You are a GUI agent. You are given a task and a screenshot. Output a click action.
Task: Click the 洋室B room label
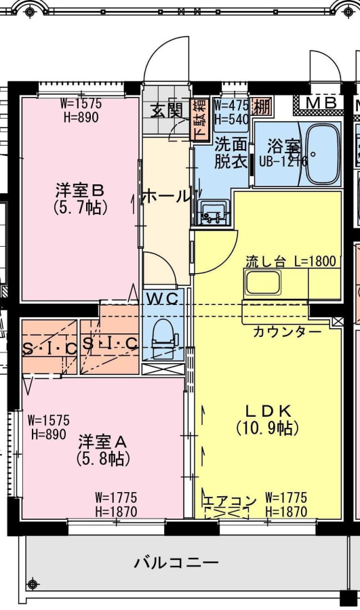pyautogui.click(x=80, y=190)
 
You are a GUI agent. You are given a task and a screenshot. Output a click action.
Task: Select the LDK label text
pyautogui.click(x=268, y=410)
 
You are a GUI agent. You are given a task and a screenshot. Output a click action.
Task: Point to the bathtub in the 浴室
pyautogui.click(x=322, y=154)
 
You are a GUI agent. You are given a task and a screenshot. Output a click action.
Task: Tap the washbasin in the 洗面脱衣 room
pyautogui.click(x=213, y=213)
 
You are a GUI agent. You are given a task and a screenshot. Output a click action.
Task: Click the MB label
pyautogui.click(x=321, y=103)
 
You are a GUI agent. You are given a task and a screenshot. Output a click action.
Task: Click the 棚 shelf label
pyautogui.click(x=262, y=106)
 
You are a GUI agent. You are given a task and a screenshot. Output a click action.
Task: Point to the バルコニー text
pyautogui.click(x=176, y=563)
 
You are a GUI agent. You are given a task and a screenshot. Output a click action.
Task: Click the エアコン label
pyautogui.click(x=230, y=501)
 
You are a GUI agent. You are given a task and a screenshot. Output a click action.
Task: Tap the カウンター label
pyautogui.click(x=287, y=331)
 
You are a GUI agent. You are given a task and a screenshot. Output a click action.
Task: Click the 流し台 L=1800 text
pyautogui.click(x=291, y=261)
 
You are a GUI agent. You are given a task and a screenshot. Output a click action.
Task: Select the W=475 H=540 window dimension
pyautogui.click(x=231, y=112)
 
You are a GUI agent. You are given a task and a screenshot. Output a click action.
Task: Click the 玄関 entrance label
pyautogui.click(x=167, y=110)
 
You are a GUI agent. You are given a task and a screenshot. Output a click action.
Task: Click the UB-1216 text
pyautogui.click(x=283, y=160)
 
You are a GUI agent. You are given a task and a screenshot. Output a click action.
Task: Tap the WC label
pyautogui.click(x=163, y=299)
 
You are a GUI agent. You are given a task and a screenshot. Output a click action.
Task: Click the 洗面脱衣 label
pyautogui.click(x=231, y=153)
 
